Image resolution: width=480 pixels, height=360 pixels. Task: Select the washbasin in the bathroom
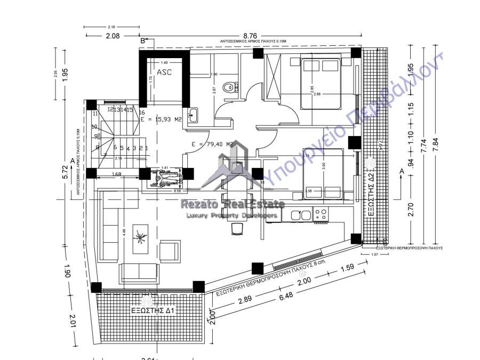[194, 115]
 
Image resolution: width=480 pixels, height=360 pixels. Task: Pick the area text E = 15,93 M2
[163, 120]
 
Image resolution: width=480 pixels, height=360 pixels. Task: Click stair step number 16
[142, 113]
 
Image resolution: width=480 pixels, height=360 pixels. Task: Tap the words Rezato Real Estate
[240, 204]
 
